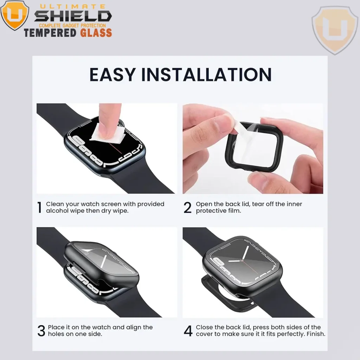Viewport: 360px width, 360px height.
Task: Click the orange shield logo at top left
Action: point(15,15)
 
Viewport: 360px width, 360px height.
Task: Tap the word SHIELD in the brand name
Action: point(73,16)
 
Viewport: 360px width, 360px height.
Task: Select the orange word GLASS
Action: point(96,33)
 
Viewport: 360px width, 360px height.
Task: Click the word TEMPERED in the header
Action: point(50,33)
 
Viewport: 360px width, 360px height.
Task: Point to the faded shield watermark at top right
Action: point(335,30)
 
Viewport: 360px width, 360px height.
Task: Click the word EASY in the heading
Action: point(112,75)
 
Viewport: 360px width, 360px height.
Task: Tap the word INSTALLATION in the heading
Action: point(206,75)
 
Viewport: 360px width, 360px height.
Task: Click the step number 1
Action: point(39,207)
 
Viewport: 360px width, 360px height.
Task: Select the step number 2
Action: point(187,207)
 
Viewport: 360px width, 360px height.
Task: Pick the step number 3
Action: point(41,330)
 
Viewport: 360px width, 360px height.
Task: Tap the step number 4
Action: point(188,330)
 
